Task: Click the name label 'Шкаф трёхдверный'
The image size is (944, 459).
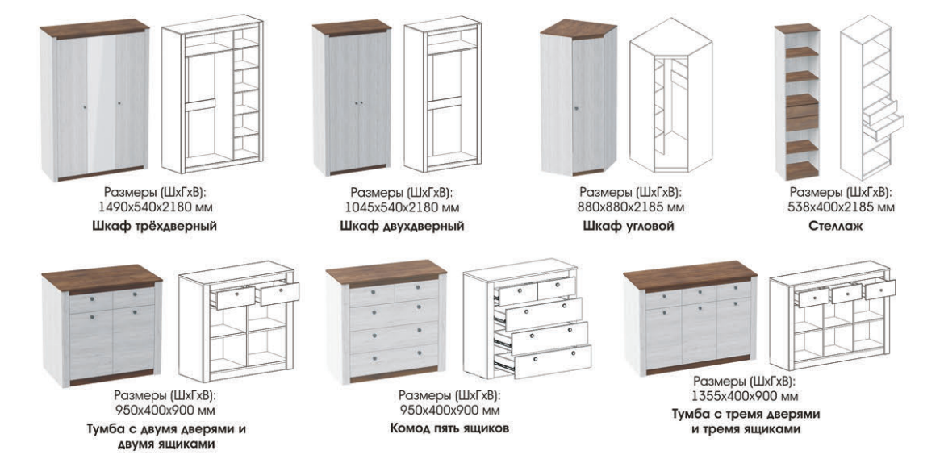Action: point(155,227)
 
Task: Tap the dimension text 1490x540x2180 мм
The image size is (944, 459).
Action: point(156,208)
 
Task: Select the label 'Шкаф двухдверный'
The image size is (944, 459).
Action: point(402,227)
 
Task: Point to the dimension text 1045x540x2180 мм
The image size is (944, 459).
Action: point(402,208)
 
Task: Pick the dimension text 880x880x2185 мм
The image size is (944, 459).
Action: point(630,208)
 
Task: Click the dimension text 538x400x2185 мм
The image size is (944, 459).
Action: point(841,208)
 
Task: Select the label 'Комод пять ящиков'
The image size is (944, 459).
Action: point(449,429)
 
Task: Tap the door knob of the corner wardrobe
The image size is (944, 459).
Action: point(576,108)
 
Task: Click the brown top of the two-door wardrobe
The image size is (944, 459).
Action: point(353,27)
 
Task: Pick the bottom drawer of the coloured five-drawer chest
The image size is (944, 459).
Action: point(395,359)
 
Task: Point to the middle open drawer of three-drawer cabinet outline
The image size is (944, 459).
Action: point(846,293)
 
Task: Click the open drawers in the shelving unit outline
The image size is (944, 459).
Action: point(883,120)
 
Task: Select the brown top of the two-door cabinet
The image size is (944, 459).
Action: point(102,278)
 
